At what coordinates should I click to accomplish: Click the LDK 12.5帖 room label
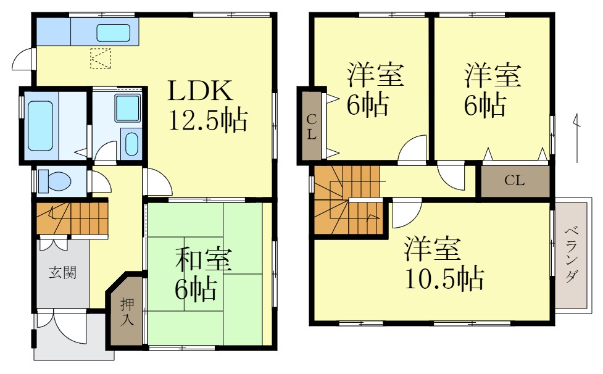tap(208, 106)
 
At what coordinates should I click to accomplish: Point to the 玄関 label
tap(63, 272)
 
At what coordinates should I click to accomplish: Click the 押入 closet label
tap(127, 311)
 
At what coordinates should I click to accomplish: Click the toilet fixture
tap(52, 181)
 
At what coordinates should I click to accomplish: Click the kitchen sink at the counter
tap(114, 33)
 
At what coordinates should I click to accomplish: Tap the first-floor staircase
tap(71, 218)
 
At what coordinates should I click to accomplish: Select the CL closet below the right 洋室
tap(514, 180)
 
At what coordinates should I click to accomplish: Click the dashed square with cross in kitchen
tap(100, 59)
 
